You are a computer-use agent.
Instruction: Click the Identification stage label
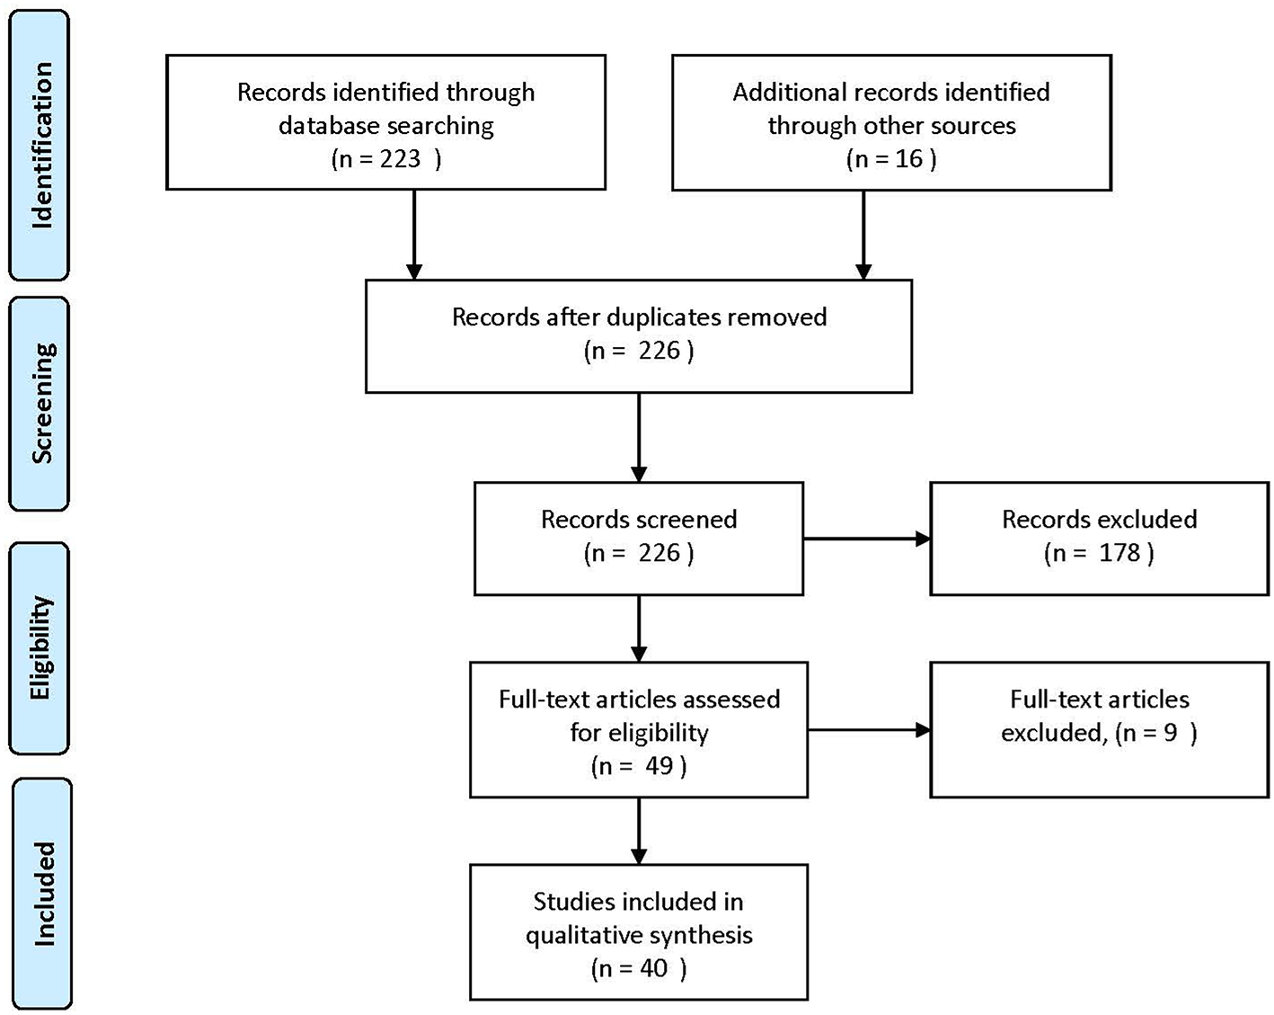(x=40, y=145)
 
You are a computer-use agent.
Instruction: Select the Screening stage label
(x=40, y=404)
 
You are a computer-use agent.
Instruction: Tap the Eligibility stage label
(x=40, y=647)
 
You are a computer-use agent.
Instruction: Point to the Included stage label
(x=43, y=894)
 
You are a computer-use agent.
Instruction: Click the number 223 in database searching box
(x=400, y=159)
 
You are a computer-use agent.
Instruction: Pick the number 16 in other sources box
(x=908, y=159)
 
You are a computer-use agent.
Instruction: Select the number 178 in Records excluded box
(x=1119, y=553)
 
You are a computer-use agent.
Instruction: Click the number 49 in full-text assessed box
(x=659, y=766)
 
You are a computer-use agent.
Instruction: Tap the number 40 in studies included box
(x=653, y=968)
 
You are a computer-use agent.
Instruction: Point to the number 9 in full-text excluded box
(x=1171, y=733)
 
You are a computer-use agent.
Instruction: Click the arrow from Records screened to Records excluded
(x=866, y=539)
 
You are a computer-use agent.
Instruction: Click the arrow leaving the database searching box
(x=414, y=234)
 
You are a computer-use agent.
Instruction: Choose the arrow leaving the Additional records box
(x=863, y=234)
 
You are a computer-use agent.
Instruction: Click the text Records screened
(x=639, y=520)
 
